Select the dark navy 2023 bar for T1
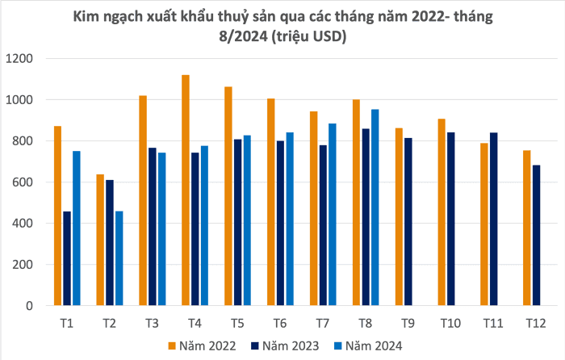(x=67, y=258)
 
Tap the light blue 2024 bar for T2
(x=119, y=258)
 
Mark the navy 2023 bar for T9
(x=407, y=222)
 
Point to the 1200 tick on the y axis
(x=19, y=59)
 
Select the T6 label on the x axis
(x=279, y=324)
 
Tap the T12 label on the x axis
(x=534, y=324)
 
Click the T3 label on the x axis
(x=152, y=324)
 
